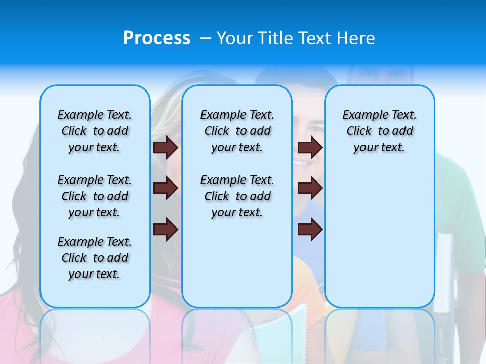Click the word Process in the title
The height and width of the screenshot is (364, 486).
pyautogui.click(x=156, y=38)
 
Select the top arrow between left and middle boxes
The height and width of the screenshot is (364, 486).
pyautogui.click(x=166, y=147)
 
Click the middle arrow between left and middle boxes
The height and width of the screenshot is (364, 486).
pyautogui.click(x=166, y=189)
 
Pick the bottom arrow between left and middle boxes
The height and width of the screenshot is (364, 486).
pyautogui.click(x=166, y=230)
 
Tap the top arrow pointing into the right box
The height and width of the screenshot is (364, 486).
pyautogui.click(x=310, y=147)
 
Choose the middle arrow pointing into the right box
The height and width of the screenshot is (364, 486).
pyautogui.click(x=310, y=189)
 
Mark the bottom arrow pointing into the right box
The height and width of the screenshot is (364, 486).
pyautogui.click(x=310, y=230)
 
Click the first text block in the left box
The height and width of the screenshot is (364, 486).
pyautogui.click(x=95, y=131)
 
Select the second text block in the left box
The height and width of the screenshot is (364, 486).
pyautogui.click(x=95, y=196)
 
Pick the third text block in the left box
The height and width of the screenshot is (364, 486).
pyautogui.click(x=95, y=258)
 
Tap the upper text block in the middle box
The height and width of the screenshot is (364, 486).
pyautogui.click(x=237, y=131)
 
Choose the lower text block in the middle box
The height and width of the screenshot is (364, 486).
pyautogui.click(x=237, y=196)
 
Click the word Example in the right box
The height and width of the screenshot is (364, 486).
pyautogui.click(x=361, y=115)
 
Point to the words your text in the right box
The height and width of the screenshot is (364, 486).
pyautogui.click(x=379, y=148)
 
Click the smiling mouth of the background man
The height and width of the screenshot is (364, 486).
pyautogui.click(x=302, y=163)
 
